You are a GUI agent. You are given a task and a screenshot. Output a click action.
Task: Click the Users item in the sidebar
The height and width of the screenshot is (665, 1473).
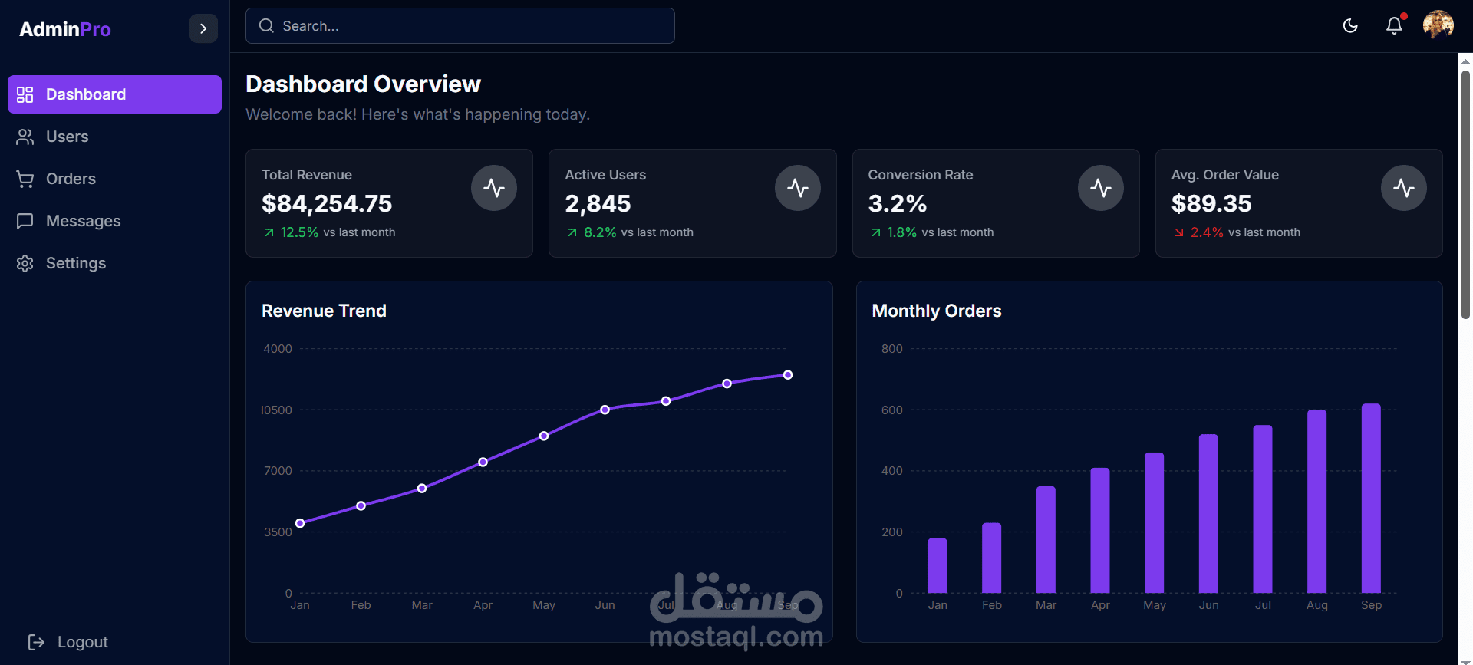point(67,137)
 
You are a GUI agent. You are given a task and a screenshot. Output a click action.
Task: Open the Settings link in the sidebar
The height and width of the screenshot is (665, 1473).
point(75,263)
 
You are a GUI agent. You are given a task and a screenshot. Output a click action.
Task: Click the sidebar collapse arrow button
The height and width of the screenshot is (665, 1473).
point(203,29)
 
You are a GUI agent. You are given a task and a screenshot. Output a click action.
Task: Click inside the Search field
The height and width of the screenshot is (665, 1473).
point(460,26)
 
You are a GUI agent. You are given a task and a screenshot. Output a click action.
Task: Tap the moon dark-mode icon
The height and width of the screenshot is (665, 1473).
point(1350,26)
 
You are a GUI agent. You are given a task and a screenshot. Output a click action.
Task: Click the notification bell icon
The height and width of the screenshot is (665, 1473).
point(1394,26)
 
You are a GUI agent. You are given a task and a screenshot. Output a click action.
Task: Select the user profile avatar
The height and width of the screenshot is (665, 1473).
point(1438,25)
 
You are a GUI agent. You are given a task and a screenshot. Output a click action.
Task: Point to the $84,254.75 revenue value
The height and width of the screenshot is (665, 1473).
point(327,203)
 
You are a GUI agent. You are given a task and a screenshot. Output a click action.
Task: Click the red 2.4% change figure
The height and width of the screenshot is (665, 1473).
point(1207,232)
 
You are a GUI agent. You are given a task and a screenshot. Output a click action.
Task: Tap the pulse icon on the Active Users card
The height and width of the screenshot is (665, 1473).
point(797,188)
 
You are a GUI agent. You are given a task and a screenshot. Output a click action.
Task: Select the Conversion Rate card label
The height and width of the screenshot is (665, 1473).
point(920,175)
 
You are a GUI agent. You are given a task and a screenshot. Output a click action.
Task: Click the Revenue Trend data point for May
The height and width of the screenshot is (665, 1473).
point(544,436)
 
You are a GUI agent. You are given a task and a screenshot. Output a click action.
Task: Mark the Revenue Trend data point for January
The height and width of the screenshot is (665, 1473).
point(300,523)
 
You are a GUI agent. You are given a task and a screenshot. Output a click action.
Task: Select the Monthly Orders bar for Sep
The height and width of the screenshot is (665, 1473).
point(1371,499)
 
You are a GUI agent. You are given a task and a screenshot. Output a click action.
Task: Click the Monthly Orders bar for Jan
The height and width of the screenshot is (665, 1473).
point(938,566)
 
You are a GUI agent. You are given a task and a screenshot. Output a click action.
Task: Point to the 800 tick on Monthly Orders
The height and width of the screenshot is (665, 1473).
point(891,349)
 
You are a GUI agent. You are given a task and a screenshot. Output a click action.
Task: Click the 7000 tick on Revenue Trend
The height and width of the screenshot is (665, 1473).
point(278,471)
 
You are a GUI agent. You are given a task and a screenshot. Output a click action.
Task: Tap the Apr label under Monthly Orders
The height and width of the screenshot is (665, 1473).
point(1100,605)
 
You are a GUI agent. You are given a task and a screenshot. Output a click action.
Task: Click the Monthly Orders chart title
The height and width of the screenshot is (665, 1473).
point(936,311)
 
